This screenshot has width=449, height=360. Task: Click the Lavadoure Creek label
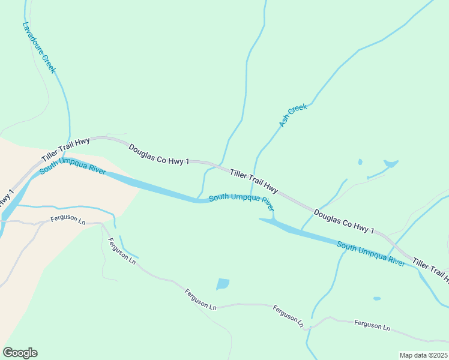(x=39, y=48)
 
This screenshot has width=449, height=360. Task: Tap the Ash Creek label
(x=293, y=116)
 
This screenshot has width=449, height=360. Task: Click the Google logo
(x=20, y=353)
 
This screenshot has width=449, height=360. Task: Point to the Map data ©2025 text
(x=423, y=355)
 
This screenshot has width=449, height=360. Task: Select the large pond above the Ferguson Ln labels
(x=223, y=284)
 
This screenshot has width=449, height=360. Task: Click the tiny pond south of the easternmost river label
(x=376, y=298)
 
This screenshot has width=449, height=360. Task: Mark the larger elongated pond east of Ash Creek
(x=391, y=163)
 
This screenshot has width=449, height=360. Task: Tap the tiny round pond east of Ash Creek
(x=360, y=161)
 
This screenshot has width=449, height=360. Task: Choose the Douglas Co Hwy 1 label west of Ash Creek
(x=158, y=154)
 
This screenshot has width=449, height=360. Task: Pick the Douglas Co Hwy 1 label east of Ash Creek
(x=344, y=222)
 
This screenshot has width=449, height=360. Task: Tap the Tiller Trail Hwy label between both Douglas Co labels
(x=254, y=180)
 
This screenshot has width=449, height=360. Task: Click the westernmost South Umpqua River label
(x=73, y=167)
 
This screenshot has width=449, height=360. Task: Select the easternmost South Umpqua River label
(x=371, y=254)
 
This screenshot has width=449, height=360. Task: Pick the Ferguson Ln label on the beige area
(x=68, y=219)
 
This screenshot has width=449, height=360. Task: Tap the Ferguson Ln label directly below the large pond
(x=200, y=298)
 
